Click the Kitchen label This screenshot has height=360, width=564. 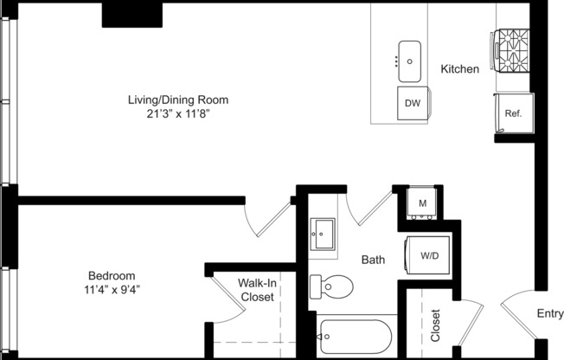(459, 69)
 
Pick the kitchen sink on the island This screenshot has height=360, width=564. (408, 55)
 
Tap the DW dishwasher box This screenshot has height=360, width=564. (413, 104)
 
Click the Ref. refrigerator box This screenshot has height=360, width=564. (512, 112)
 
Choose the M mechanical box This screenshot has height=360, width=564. (423, 203)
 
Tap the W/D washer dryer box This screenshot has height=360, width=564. (428, 256)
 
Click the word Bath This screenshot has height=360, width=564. (373, 260)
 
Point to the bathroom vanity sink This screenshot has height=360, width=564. (324, 234)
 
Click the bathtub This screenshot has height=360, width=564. (355, 336)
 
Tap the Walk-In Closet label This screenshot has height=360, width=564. (256, 290)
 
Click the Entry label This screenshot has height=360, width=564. (550, 314)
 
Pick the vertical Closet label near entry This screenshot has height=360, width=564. (435, 326)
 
